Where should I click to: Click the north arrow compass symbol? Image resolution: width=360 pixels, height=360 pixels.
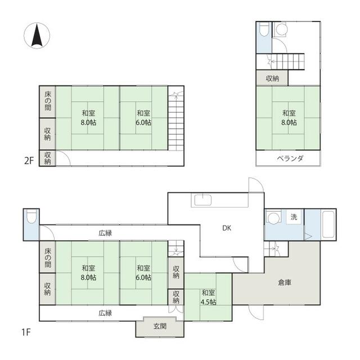[37, 35]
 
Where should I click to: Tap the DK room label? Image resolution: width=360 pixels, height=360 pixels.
[227, 228]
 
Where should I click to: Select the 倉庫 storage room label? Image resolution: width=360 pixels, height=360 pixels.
[285, 282]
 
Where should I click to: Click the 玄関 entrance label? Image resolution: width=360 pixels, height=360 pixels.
[160, 326]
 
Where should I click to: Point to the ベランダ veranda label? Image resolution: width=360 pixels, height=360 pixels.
[290, 159]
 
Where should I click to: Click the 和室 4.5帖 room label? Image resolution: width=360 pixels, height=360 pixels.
[209, 298]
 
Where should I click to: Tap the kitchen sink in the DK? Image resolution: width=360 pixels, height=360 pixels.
[202, 200]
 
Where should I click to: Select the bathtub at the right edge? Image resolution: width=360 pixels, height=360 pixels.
[328, 224]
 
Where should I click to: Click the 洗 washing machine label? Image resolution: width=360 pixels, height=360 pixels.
[294, 217]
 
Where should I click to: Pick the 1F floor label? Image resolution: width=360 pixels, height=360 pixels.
[26, 332]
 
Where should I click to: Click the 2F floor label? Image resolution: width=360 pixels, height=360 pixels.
[29, 161]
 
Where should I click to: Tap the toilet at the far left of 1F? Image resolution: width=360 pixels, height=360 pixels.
[31, 217]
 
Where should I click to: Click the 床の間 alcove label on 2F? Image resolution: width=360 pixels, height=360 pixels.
[48, 101]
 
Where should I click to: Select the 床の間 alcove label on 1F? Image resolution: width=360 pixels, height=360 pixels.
[48, 258]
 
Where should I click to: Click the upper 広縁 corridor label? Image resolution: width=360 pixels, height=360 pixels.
[105, 233]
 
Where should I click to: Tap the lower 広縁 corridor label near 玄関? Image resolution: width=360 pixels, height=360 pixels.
[105, 313]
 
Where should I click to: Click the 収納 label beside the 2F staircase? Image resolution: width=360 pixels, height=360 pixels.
[272, 79]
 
